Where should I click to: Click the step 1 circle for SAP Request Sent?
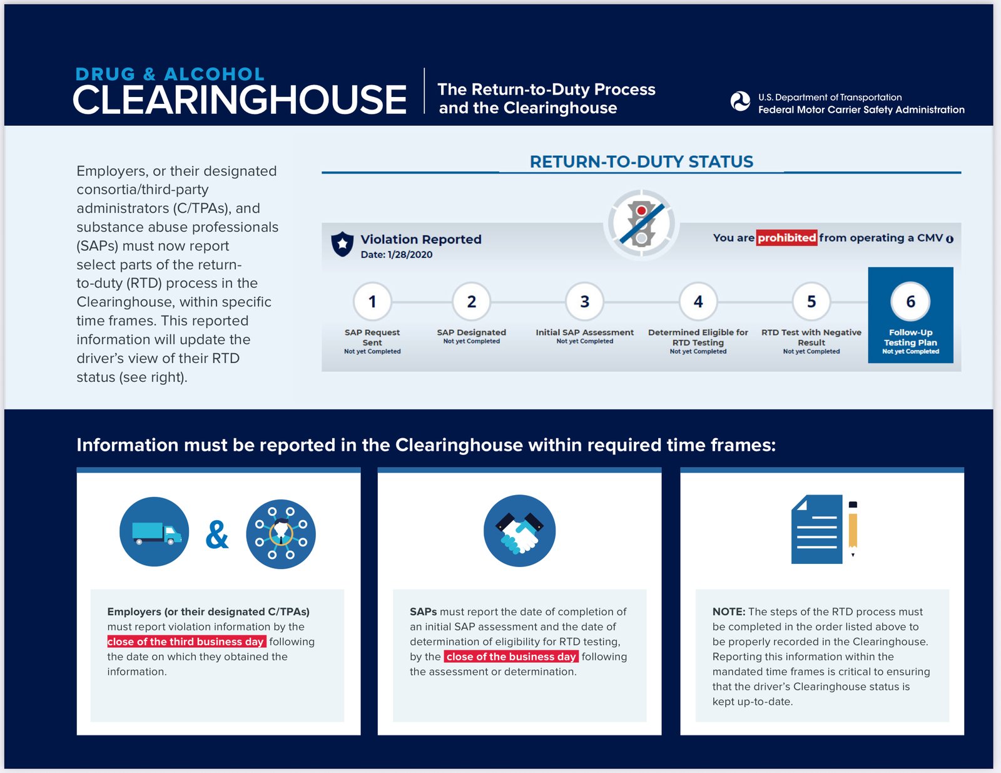(x=372, y=301)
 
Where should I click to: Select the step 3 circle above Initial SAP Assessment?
(x=584, y=301)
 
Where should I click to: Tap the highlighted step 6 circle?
(x=910, y=301)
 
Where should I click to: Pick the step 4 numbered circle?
(x=698, y=301)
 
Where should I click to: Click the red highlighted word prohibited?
(x=786, y=238)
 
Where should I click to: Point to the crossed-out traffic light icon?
(x=641, y=224)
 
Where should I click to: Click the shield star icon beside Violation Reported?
(x=342, y=243)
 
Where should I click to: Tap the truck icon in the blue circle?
(x=155, y=531)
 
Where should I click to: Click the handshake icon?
(x=520, y=531)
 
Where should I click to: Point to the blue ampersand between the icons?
(x=217, y=535)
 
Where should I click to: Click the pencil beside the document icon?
(x=853, y=529)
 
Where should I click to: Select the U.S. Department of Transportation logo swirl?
(x=740, y=101)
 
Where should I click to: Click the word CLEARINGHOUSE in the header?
(x=240, y=100)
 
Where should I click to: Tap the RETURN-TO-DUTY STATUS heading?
(x=641, y=161)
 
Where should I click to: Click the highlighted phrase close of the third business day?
(x=186, y=642)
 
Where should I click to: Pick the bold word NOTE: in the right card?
(x=728, y=612)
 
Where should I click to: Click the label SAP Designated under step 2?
(x=471, y=332)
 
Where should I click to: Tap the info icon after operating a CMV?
(x=950, y=239)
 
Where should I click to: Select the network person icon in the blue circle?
(x=280, y=534)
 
